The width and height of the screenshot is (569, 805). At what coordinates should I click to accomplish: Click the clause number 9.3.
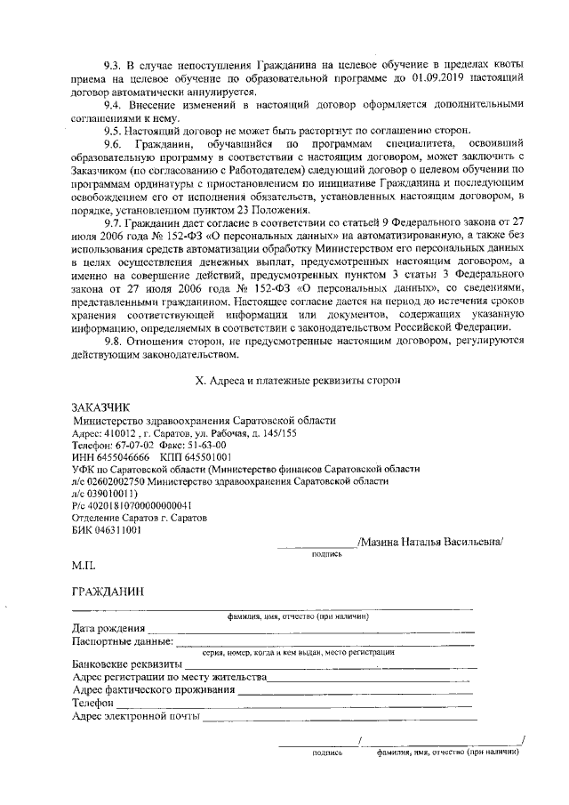point(113,66)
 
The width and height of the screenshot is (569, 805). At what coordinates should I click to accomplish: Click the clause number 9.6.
point(113,145)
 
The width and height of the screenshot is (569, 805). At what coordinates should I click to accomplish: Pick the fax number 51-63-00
point(208,444)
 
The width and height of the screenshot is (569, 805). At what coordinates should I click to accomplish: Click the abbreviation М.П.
point(84,566)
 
